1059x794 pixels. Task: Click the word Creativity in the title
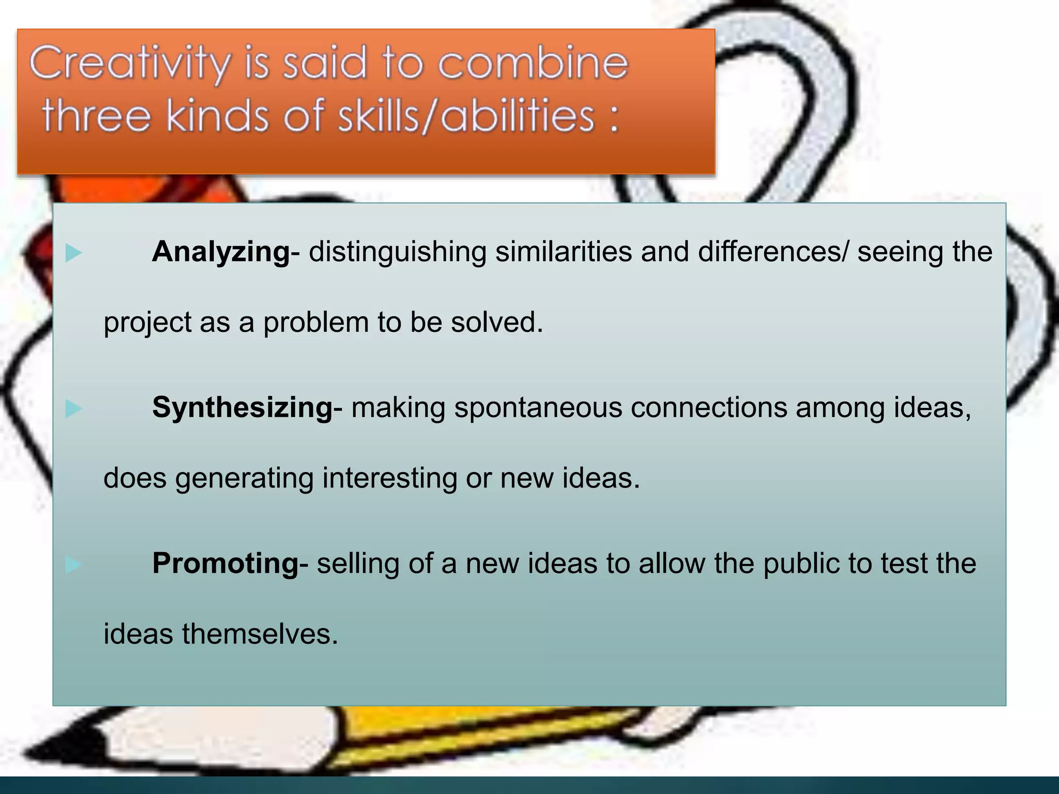click(129, 63)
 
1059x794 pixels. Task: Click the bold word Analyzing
click(221, 252)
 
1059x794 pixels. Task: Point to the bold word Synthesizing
click(243, 407)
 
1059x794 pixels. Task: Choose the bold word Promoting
click(226, 563)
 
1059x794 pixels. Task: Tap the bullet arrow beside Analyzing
click(73, 253)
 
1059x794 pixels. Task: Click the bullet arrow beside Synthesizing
click(73, 408)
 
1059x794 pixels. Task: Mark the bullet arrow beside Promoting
click(73, 564)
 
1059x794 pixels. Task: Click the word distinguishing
click(397, 253)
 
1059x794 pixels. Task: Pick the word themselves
click(260, 634)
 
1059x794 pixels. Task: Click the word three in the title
click(96, 116)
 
